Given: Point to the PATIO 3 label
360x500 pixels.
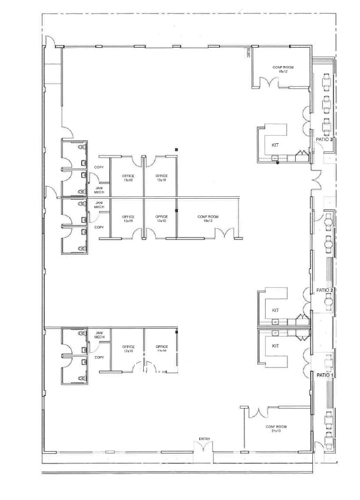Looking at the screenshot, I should (325, 140).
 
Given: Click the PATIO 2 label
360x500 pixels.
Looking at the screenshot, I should (325, 291).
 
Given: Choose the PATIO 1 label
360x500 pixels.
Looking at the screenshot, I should (325, 375).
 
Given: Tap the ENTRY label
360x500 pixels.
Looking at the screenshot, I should (204, 439).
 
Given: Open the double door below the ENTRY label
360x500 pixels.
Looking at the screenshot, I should (204, 448).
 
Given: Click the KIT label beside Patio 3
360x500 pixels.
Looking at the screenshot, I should (275, 144).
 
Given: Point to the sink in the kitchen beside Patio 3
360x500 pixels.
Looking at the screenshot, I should (276, 157).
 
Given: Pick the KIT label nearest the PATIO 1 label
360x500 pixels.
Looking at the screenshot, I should (275, 346).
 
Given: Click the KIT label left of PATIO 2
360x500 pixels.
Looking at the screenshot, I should (275, 310).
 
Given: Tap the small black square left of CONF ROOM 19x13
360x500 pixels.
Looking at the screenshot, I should (176, 210).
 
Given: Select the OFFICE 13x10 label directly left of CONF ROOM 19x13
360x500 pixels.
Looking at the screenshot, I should (161, 219).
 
